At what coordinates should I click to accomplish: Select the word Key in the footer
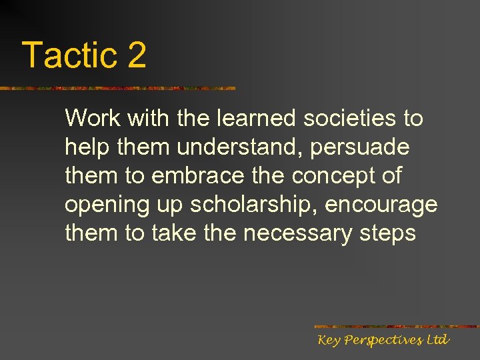click(329, 341)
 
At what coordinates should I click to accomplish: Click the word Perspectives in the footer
click(383, 341)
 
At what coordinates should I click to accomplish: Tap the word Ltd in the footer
click(438, 340)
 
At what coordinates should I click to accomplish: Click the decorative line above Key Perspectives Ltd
click(396, 326)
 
